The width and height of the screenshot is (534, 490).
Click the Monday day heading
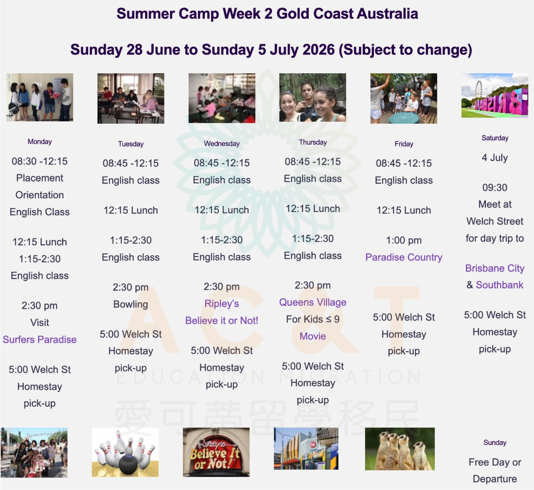click(40, 142)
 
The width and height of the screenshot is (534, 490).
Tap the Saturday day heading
click(495, 138)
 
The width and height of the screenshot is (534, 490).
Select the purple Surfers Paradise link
click(40, 340)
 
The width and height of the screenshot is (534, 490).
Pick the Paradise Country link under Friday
click(404, 257)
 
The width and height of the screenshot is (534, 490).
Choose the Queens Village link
click(313, 302)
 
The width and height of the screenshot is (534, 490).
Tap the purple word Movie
click(313, 336)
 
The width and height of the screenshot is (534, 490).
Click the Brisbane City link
click(495, 268)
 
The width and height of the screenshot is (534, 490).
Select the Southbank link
click(500, 285)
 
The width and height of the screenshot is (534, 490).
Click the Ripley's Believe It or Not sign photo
click(216, 452)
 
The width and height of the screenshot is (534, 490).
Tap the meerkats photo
click(400, 449)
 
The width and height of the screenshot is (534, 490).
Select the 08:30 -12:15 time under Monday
click(40, 161)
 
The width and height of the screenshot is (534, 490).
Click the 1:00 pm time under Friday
click(404, 240)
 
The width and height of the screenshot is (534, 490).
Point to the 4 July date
click(495, 157)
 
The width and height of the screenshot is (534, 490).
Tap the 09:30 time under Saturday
click(495, 187)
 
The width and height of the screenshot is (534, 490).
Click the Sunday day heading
click(495, 442)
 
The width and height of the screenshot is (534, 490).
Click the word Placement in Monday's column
click(40, 178)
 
